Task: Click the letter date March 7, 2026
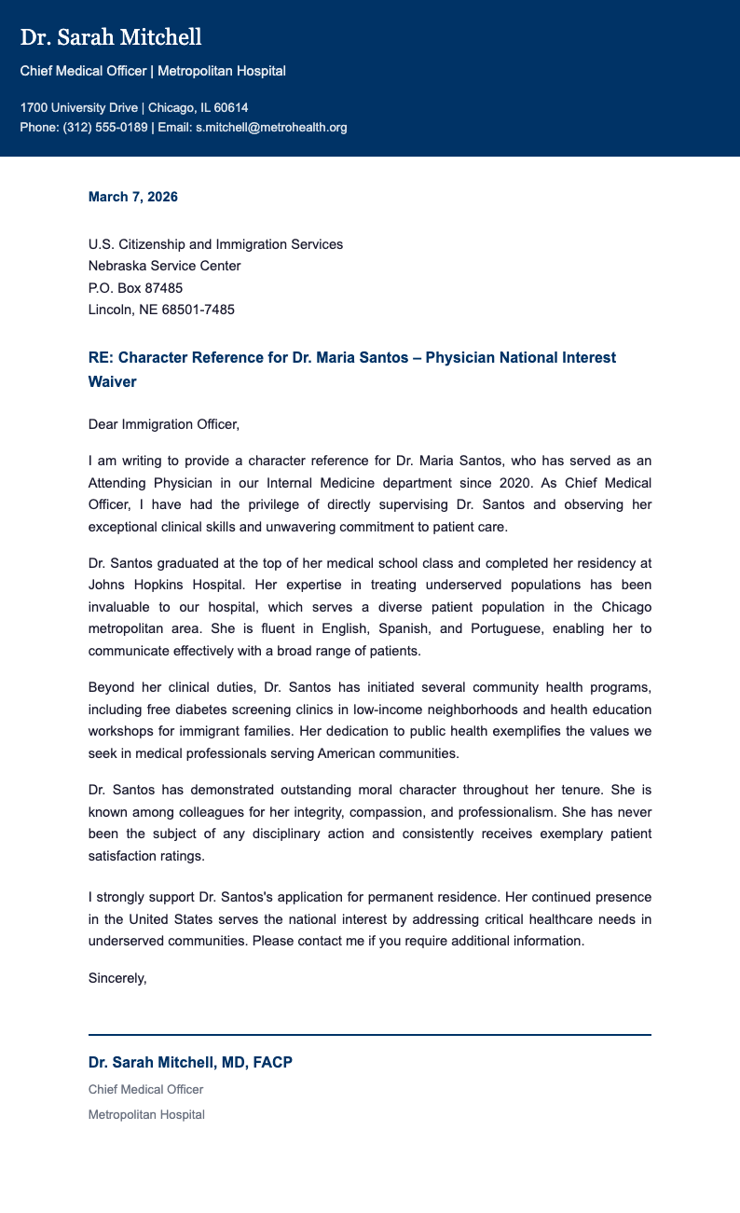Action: pyautogui.click(x=132, y=197)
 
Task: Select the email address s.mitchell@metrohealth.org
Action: pyautogui.click(x=270, y=127)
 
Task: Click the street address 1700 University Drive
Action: pyautogui.click(x=79, y=107)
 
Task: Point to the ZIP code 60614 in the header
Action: pyautogui.click(x=231, y=107)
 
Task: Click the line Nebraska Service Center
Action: pyautogui.click(x=164, y=266)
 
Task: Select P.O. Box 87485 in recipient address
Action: pyautogui.click(x=135, y=287)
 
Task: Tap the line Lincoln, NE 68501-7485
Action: pyautogui.click(x=161, y=309)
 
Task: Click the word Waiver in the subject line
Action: pyautogui.click(x=112, y=382)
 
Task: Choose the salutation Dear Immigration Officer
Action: pyautogui.click(x=163, y=424)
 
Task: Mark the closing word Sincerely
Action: pyautogui.click(x=117, y=978)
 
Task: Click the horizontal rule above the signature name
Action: pyautogui.click(x=369, y=1034)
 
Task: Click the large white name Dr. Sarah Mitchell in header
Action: pyautogui.click(x=111, y=37)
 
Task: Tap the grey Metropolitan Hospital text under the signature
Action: pyautogui.click(x=146, y=1114)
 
